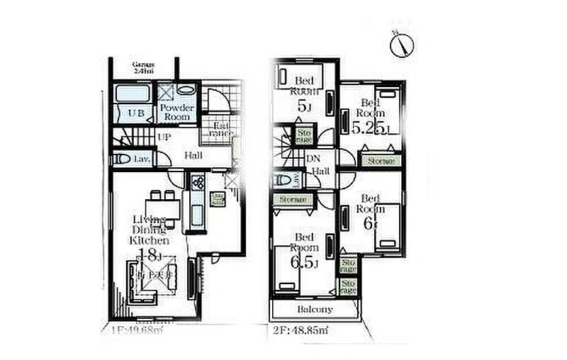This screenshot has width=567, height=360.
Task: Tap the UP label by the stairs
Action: tap(164, 137)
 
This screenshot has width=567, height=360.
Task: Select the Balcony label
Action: tap(314, 310)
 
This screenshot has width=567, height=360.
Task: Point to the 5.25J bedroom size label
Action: tap(369, 128)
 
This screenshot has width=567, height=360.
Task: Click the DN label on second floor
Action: tap(313, 159)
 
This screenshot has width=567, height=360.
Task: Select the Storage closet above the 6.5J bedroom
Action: tap(292, 201)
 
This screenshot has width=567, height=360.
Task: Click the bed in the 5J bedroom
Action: tap(300, 76)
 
